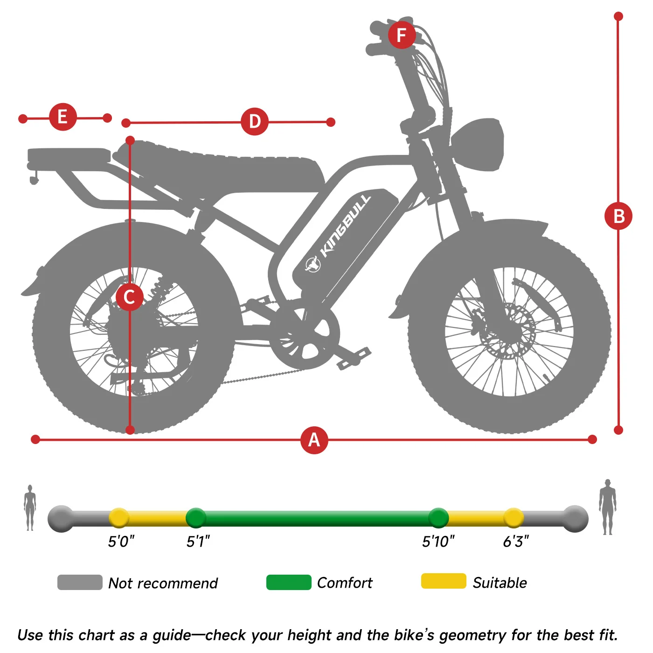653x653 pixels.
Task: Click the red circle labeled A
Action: click(314, 440)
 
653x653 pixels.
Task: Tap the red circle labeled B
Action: click(618, 216)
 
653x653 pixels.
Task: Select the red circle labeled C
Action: click(130, 297)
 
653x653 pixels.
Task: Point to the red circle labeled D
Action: click(255, 121)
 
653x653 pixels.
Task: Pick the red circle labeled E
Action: click(63, 117)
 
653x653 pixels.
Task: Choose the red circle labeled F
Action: click(402, 35)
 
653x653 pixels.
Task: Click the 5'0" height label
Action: click(121, 541)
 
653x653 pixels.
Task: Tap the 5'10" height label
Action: click(438, 541)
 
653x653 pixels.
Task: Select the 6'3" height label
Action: click(516, 541)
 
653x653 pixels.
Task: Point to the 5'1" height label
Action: click(198, 541)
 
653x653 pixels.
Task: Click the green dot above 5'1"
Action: click(196, 518)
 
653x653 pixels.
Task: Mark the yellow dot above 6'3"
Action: click(514, 518)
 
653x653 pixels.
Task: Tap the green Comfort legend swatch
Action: click(289, 582)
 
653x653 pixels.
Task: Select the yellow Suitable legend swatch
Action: click(444, 581)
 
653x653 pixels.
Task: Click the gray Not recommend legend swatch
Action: click(80, 582)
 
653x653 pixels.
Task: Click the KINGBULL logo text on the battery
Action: click(345, 226)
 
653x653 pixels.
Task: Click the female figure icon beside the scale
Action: click(30, 507)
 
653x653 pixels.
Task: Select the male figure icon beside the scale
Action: click(608, 507)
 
